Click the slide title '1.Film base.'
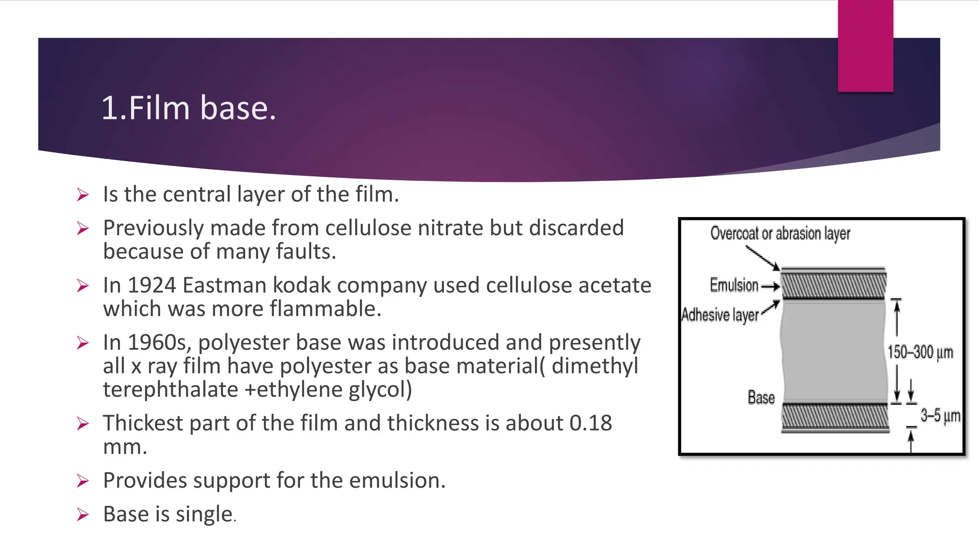point(189,108)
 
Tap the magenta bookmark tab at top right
point(865,46)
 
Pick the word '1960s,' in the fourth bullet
point(160,342)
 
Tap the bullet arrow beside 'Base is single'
point(83,515)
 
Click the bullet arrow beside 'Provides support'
point(83,481)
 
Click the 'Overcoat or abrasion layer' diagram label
point(780,233)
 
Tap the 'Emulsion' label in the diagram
point(734,285)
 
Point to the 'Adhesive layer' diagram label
point(720,315)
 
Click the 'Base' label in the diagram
point(761,397)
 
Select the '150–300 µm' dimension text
point(920,353)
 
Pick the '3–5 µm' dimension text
point(940,415)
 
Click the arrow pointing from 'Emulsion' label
point(771,287)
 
